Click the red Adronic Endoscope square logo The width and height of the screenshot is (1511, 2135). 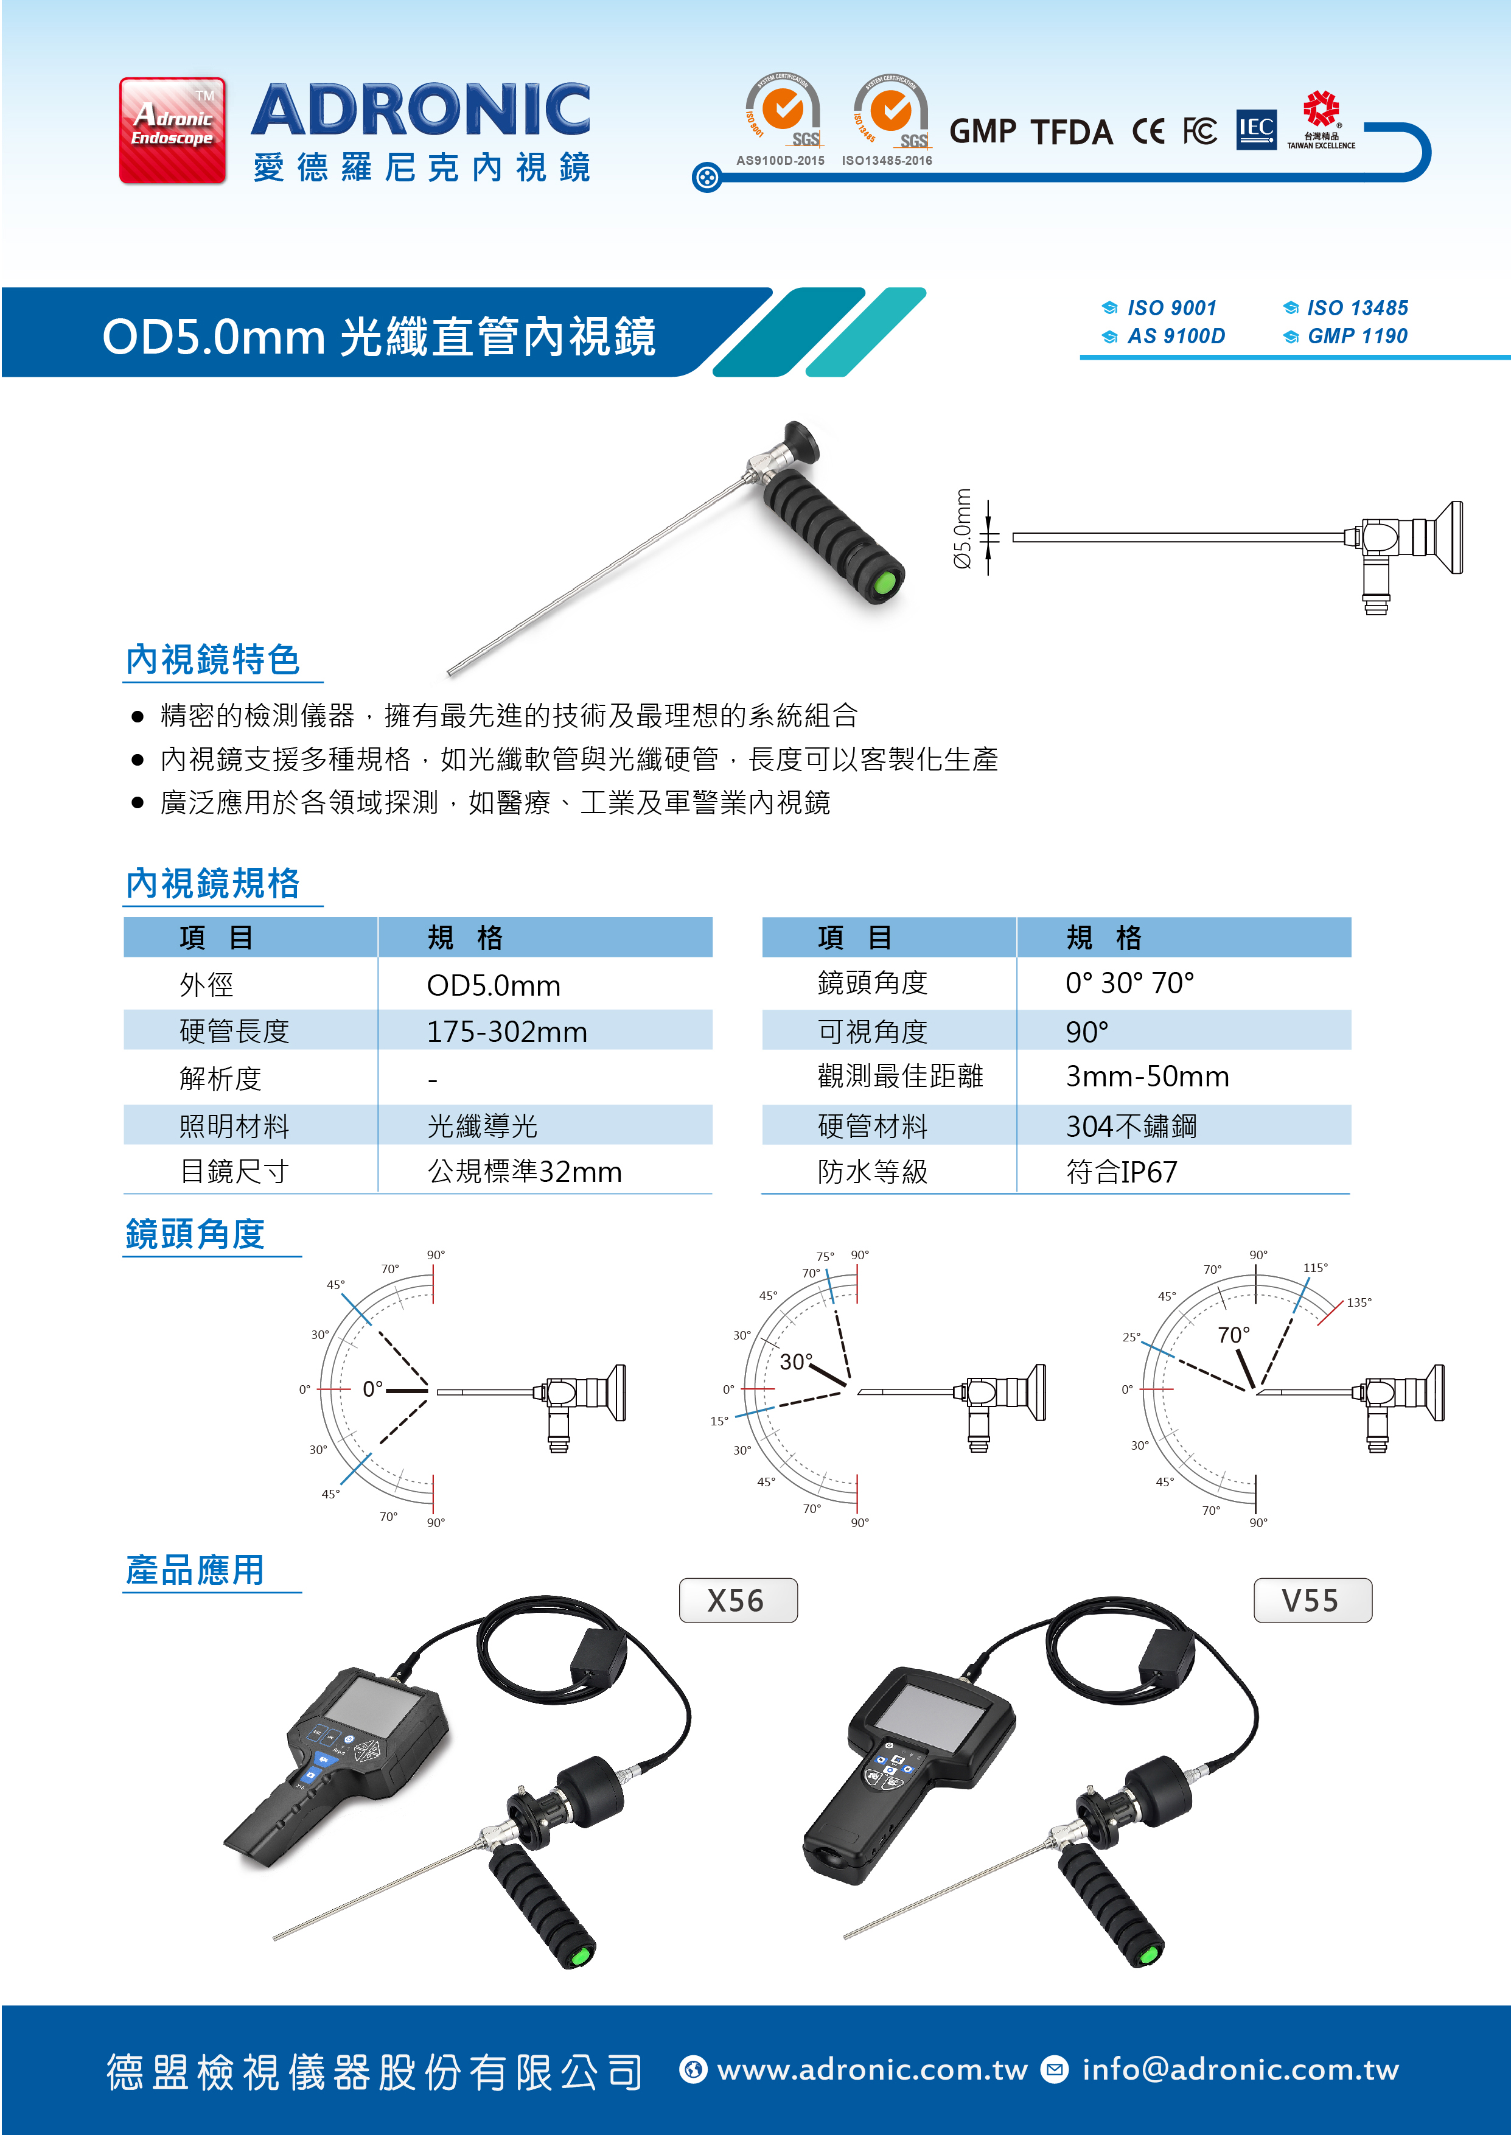click(172, 130)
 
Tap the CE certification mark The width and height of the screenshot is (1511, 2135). click(1148, 131)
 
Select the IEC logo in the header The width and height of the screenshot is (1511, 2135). click(1256, 129)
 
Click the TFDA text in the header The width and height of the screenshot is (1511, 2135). click(1072, 132)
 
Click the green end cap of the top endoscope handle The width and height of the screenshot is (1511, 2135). click(884, 583)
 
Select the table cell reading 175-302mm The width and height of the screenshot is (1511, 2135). click(506, 1032)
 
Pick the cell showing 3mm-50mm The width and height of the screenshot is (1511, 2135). click(1146, 1077)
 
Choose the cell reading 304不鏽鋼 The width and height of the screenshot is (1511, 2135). click(1131, 1126)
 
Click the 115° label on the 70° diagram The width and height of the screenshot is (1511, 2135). click(1314, 1267)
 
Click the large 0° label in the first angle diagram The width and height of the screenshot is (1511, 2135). click(372, 1389)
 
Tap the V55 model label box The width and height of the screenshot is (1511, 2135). click(1312, 1600)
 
